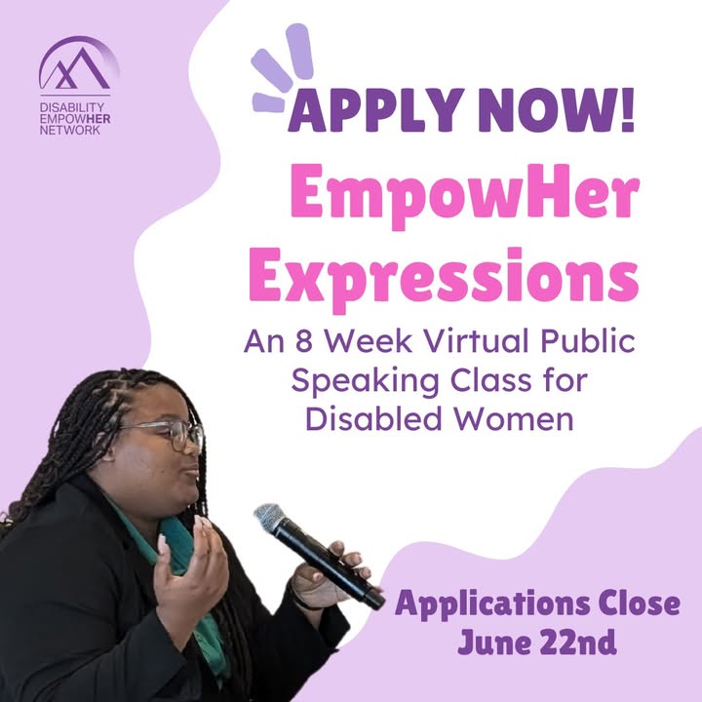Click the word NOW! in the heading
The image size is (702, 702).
click(x=556, y=109)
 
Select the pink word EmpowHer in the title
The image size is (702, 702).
click(x=464, y=196)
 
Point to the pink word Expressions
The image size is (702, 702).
click(x=444, y=279)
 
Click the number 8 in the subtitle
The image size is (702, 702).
click(x=304, y=341)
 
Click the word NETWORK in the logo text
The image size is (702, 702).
click(x=70, y=131)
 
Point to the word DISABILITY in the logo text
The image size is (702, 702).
click(x=71, y=107)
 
